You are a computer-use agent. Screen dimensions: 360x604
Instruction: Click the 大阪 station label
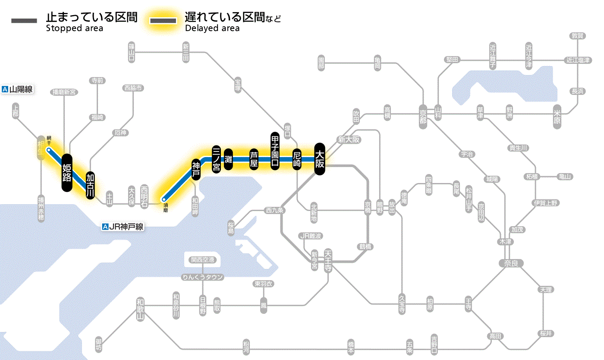click(x=319, y=159)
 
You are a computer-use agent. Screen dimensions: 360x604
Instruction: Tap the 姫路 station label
click(x=66, y=172)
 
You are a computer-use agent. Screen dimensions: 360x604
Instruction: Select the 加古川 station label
click(x=90, y=186)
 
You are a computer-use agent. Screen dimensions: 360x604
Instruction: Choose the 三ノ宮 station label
click(x=217, y=159)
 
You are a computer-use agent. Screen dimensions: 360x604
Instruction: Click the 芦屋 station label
click(x=254, y=159)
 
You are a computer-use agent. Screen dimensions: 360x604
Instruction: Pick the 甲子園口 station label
click(x=275, y=151)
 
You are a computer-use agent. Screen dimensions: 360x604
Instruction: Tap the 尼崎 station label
click(x=296, y=159)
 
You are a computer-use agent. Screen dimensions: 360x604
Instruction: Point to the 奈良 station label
click(x=510, y=262)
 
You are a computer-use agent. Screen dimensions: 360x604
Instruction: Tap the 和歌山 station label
click(x=140, y=309)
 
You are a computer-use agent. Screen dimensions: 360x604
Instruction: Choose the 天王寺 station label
click(x=328, y=260)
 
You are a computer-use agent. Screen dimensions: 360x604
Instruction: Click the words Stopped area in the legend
click(x=74, y=28)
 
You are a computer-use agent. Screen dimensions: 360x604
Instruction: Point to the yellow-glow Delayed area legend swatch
click(x=163, y=21)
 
